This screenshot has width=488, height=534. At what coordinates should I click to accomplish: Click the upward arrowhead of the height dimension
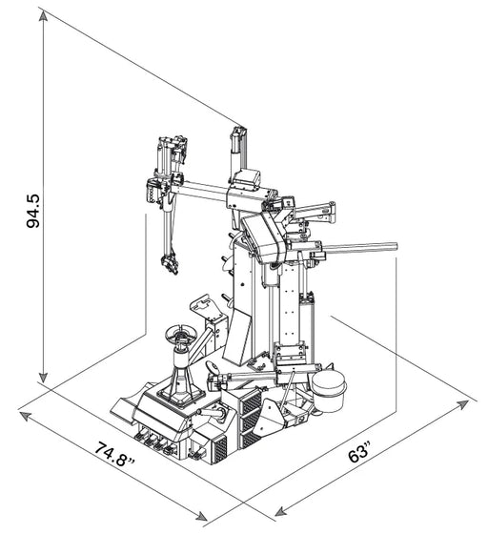(x=45, y=13)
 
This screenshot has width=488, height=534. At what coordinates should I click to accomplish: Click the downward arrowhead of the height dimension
(x=45, y=377)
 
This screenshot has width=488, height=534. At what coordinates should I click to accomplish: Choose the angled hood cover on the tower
(x=263, y=234)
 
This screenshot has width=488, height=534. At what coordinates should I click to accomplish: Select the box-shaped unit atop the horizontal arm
(x=249, y=178)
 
